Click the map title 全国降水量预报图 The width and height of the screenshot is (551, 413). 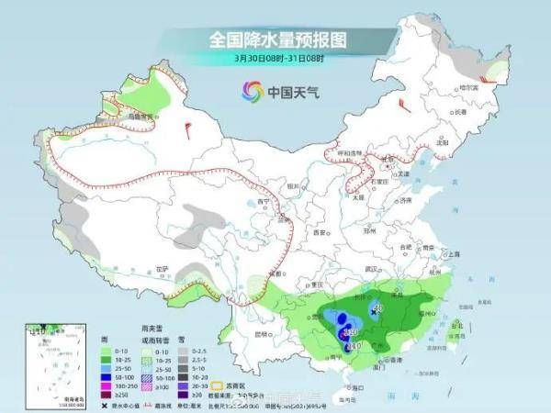pyautogui.click(x=275, y=39)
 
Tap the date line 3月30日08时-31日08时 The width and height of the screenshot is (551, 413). pyautogui.click(x=275, y=59)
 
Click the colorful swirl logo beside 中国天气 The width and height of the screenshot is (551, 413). pyautogui.click(x=252, y=90)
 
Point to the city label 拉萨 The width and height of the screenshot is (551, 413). pyautogui.click(x=163, y=268)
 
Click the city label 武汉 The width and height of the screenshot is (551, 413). pyautogui.click(x=371, y=268)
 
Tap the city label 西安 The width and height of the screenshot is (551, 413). pyautogui.click(x=320, y=233)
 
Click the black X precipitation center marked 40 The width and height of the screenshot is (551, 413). pyautogui.click(x=373, y=313)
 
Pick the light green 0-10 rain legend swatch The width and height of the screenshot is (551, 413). pyautogui.click(x=107, y=352)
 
